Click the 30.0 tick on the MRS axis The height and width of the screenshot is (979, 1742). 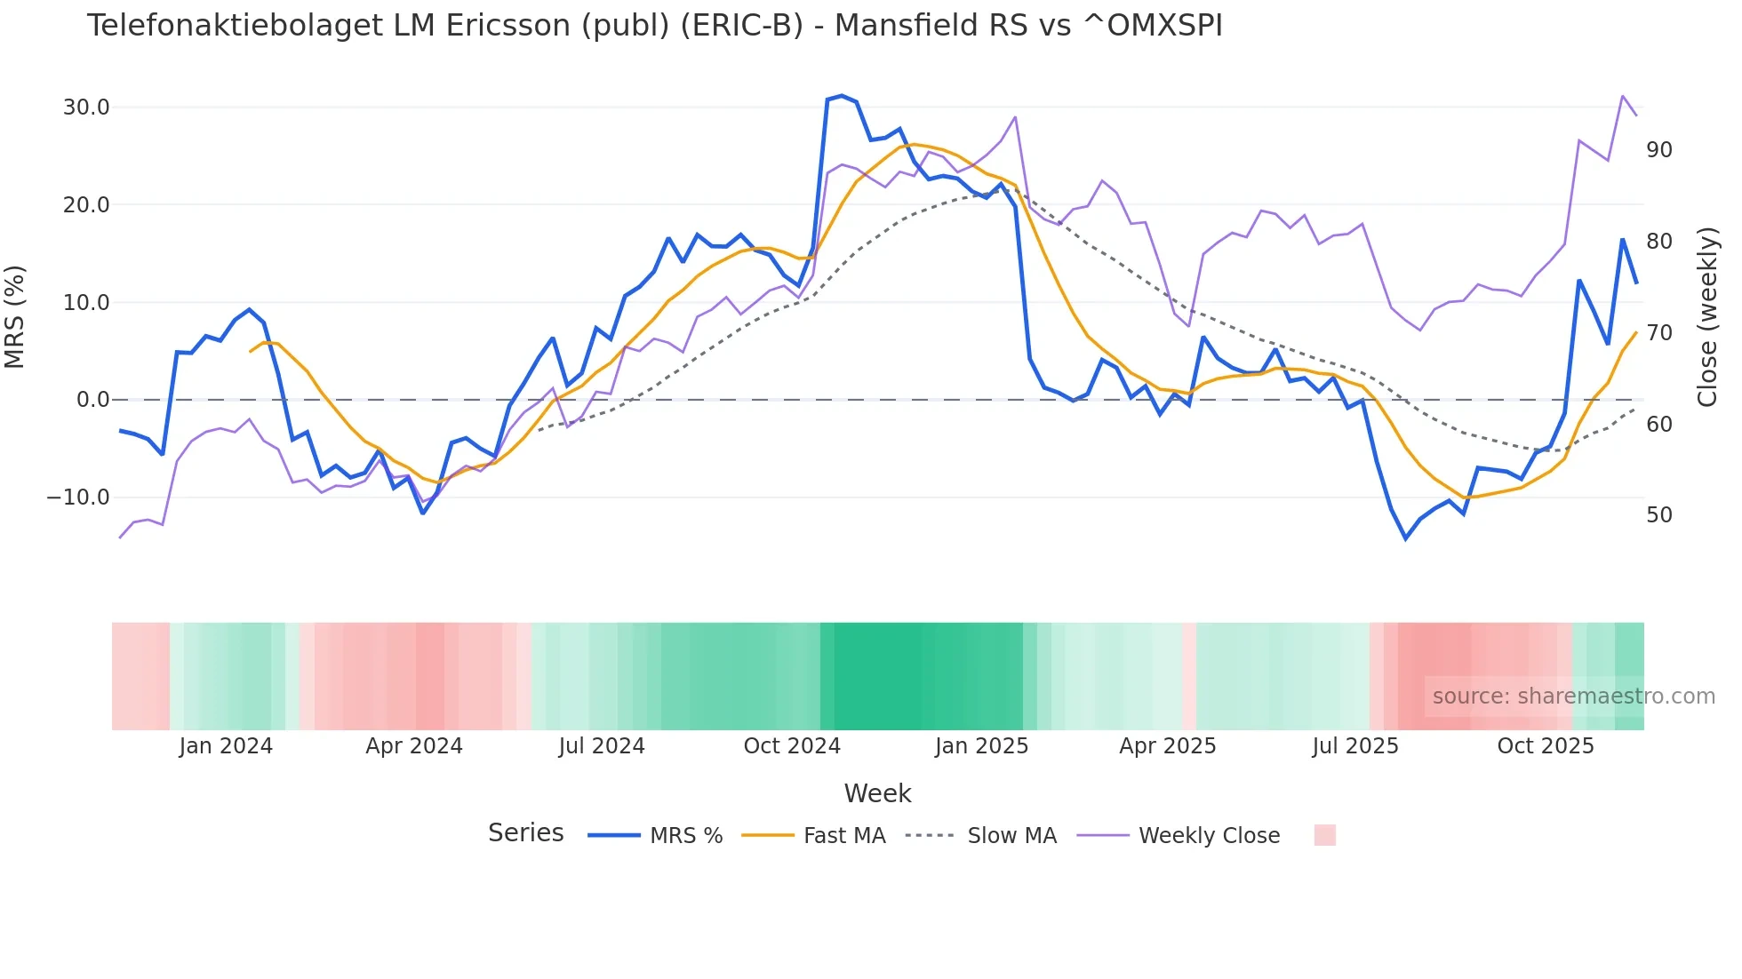(x=85, y=107)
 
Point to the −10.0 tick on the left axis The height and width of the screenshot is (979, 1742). (x=78, y=497)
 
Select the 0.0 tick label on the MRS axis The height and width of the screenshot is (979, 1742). (x=92, y=400)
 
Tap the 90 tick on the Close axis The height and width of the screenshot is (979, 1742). (x=1658, y=150)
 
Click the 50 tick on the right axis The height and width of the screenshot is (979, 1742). (x=1658, y=515)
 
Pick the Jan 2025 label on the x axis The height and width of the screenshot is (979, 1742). (x=981, y=746)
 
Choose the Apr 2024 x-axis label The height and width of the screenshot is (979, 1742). (x=414, y=746)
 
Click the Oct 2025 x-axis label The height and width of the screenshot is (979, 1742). (x=1546, y=746)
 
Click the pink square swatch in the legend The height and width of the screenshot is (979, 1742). (x=1324, y=835)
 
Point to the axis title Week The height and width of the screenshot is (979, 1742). (x=877, y=793)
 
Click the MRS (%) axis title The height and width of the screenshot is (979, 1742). (x=15, y=316)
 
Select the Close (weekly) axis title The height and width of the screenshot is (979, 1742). (x=1706, y=316)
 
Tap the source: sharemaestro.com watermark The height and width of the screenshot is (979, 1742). (x=1573, y=696)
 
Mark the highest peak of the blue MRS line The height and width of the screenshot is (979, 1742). (x=842, y=95)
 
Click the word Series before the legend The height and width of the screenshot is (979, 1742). (x=525, y=833)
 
